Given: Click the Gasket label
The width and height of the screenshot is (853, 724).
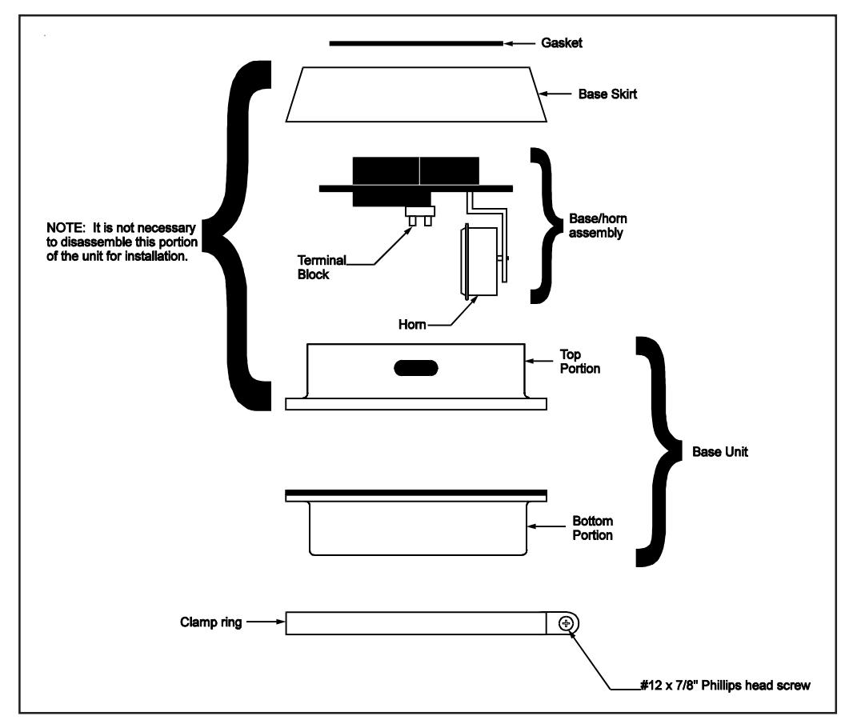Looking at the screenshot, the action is pyautogui.click(x=562, y=43).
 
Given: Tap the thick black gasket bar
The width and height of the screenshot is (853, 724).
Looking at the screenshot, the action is pyautogui.click(x=416, y=43).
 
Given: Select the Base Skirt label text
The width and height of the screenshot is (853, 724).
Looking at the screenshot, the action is pyautogui.click(x=607, y=94).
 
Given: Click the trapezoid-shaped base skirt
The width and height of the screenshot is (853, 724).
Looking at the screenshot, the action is pyautogui.click(x=416, y=94).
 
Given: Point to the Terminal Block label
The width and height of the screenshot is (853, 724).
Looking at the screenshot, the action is pyautogui.click(x=322, y=268).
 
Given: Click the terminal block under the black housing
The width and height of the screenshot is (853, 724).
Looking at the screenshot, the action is pyautogui.click(x=421, y=216).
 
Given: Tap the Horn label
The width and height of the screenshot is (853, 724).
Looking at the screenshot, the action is pyautogui.click(x=412, y=325).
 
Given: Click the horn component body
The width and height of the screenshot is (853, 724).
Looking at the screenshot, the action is pyautogui.click(x=479, y=262).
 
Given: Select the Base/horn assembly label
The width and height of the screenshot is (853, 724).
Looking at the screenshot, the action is pyautogui.click(x=598, y=226).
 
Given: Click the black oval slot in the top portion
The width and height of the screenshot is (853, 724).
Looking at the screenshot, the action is pyautogui.click(x=416, y=368).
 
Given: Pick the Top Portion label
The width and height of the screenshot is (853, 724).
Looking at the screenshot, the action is pyautogui.click(x=580, y=362).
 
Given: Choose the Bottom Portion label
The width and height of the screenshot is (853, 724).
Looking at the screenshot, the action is pyautogui.click(x=592, y=528).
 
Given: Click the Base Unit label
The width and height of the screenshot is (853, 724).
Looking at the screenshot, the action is pyautogui.click(x=719, y=452).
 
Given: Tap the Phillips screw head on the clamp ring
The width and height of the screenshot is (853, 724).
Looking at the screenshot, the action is pyautogui.click(x=567, y=623).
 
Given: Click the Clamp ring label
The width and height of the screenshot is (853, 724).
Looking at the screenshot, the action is pyautogui.click(x=211, y=622).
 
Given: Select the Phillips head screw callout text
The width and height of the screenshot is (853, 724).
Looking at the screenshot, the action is pyautogui.click(x=725, y=686).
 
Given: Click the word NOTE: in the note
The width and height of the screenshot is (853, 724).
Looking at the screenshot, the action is pyautogui.click(x=66, y=228).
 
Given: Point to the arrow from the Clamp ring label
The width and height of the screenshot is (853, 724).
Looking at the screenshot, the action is pyautogui.click(x=266, y=622).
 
